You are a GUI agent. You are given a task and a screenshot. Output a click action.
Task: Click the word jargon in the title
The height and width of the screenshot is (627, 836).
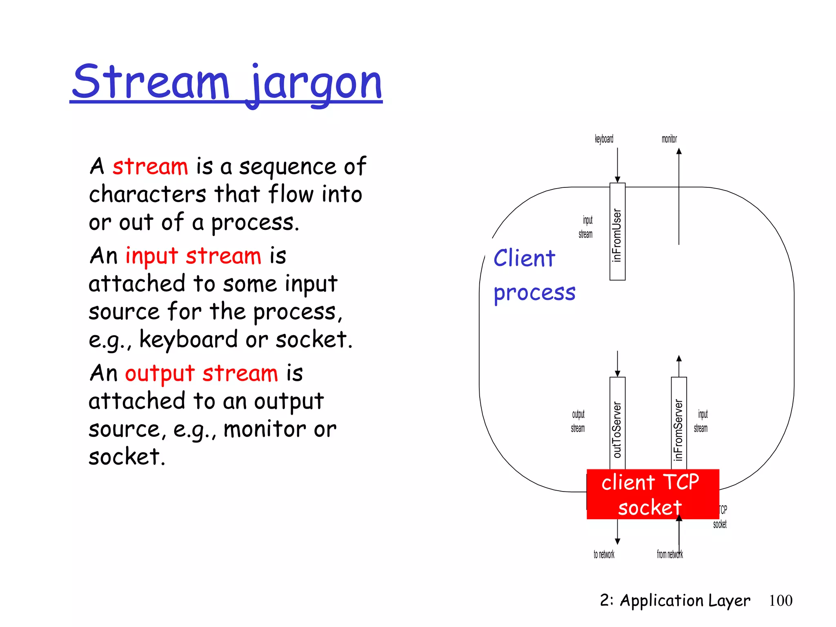tap(316, 84)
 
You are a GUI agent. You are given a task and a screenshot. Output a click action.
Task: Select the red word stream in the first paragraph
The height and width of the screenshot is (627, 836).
tap(150, 167)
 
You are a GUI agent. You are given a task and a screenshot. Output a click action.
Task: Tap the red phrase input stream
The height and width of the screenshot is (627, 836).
tap(193, 256)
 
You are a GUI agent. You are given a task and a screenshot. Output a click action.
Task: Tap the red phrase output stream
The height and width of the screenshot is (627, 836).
tap(201, 374)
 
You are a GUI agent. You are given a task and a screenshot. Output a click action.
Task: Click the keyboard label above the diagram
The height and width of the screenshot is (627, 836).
tap(604, 139)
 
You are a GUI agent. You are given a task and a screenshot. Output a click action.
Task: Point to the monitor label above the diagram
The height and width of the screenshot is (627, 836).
tap(669, 139)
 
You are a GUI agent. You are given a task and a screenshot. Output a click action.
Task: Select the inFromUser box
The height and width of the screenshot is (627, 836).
tap(617, 232)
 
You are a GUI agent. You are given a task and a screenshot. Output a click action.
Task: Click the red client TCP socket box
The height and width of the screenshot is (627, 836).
tap(652, 494)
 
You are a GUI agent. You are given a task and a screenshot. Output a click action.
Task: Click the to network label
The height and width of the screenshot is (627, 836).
tap(604, 554)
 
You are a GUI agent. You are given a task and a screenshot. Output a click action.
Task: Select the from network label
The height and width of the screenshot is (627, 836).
tap(669, 554)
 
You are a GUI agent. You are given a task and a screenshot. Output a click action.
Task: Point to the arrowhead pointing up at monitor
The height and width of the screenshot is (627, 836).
tap(679, 151)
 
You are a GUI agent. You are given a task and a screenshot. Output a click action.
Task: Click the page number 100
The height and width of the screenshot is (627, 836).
tap(780, 600)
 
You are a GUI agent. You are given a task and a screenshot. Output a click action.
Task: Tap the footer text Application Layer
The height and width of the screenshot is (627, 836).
tap(685, 600)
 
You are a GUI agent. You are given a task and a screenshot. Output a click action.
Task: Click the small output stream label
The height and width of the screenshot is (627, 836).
tap(578, 421)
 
